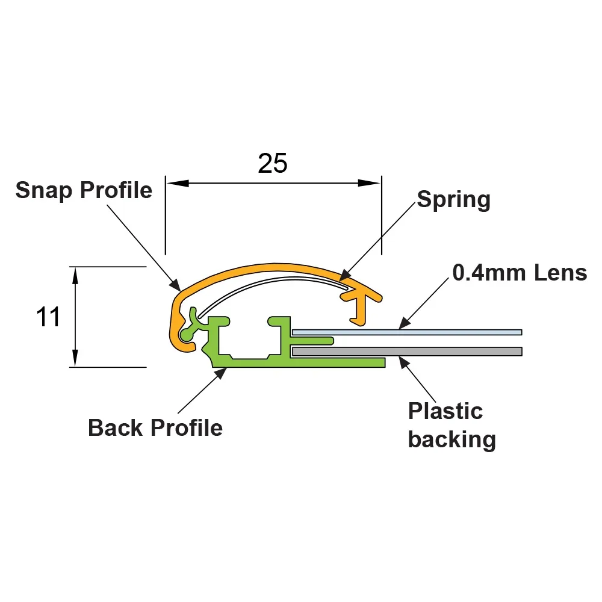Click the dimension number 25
(273, 163)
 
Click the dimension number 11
(48, 317)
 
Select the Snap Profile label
(84, 190)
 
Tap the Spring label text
(454, 200)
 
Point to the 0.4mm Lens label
(520, 273)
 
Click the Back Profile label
(155, 427)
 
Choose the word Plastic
(445, 411)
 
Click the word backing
(452, 439)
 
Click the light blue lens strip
(407, 332)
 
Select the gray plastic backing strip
(407, 352)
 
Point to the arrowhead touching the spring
(345, 275)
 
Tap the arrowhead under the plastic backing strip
(404, 362)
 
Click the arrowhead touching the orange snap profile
(175, 285)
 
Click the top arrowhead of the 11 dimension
(75, 276)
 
